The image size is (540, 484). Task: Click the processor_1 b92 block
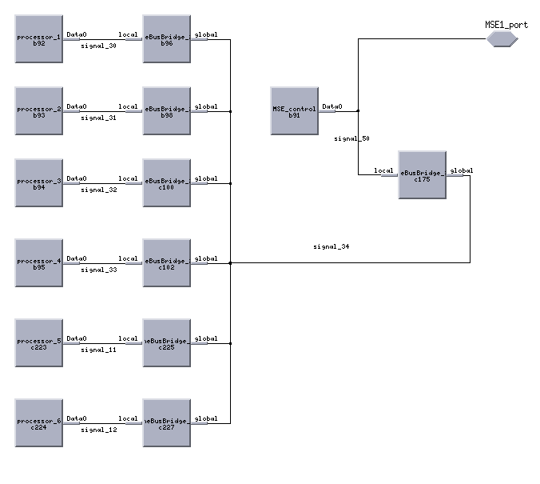(x=38, y=38)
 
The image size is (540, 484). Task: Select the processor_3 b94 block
(x=38, y=182)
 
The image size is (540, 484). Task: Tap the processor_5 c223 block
(x=38, y=342)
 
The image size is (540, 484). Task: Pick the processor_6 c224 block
(x=38, y=422)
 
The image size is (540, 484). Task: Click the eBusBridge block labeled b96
(x=166, y=38)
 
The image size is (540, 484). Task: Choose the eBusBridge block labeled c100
(x=166, y=182)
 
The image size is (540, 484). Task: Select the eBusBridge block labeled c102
(x=166, y=262)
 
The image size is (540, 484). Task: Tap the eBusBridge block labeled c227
(x=166, y=422)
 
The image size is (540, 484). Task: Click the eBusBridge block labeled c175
(x=422, y=174)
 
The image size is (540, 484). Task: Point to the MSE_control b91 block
(x=294, y=110)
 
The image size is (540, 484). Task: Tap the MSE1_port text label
(x=506, y=25)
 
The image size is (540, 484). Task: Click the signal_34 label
(x=331, y=246)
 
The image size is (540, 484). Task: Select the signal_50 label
(x=351, y=138)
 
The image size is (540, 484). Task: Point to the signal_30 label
(x=99, y=46)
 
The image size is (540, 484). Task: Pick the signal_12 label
(x=99, y=430)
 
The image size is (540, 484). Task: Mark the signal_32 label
(x=99, y=190)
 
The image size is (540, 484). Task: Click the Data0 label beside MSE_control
(x=332, y=106)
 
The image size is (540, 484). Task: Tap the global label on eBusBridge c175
(x=462, y=170)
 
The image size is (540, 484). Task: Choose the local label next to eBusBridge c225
(x=129, y=338)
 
